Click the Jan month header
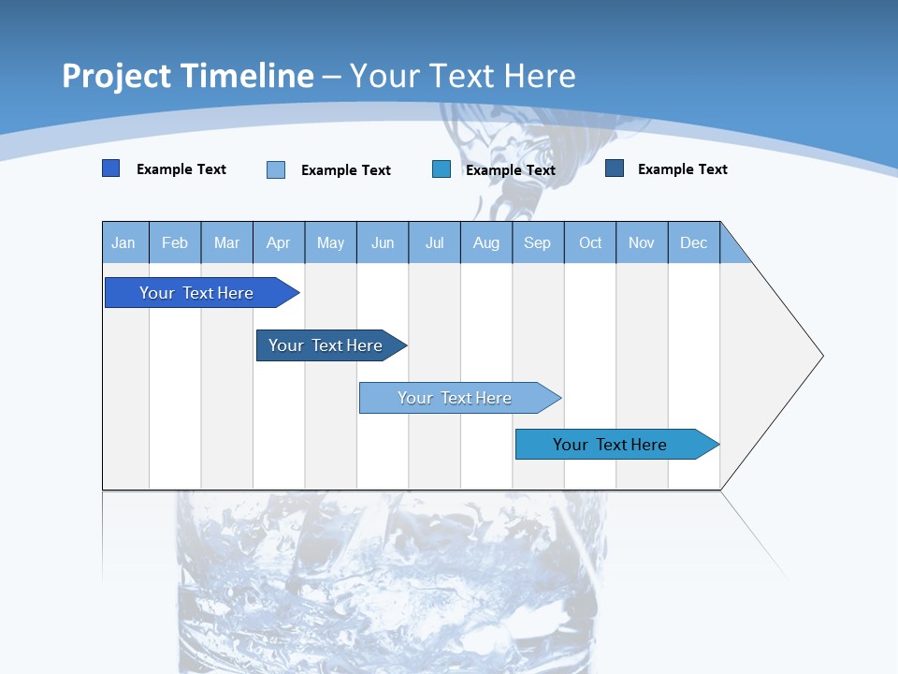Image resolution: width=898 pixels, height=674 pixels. [124, 243]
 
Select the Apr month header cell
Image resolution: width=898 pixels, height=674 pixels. [279, 243]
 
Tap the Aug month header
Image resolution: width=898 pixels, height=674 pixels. [486, 243]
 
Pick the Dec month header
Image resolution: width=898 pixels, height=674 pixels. [694, 243]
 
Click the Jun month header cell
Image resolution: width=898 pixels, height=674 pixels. [383, 243]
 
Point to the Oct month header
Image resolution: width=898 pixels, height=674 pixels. [590, 243]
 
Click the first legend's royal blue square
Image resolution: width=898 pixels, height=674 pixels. [111, 168]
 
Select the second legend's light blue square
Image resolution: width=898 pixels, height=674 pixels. [276, 169]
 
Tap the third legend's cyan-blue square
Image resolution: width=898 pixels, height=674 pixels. [442, 169]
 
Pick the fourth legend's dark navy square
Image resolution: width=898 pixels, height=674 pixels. [615, 168]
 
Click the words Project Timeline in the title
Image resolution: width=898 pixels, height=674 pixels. [187, 76]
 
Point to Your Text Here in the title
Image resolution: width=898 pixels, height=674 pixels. [462, 76]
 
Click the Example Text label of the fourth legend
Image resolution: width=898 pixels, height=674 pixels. [682, 169]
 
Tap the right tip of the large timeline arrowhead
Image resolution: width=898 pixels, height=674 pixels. [820, 356]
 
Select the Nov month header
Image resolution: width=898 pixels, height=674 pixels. [642, 243]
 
